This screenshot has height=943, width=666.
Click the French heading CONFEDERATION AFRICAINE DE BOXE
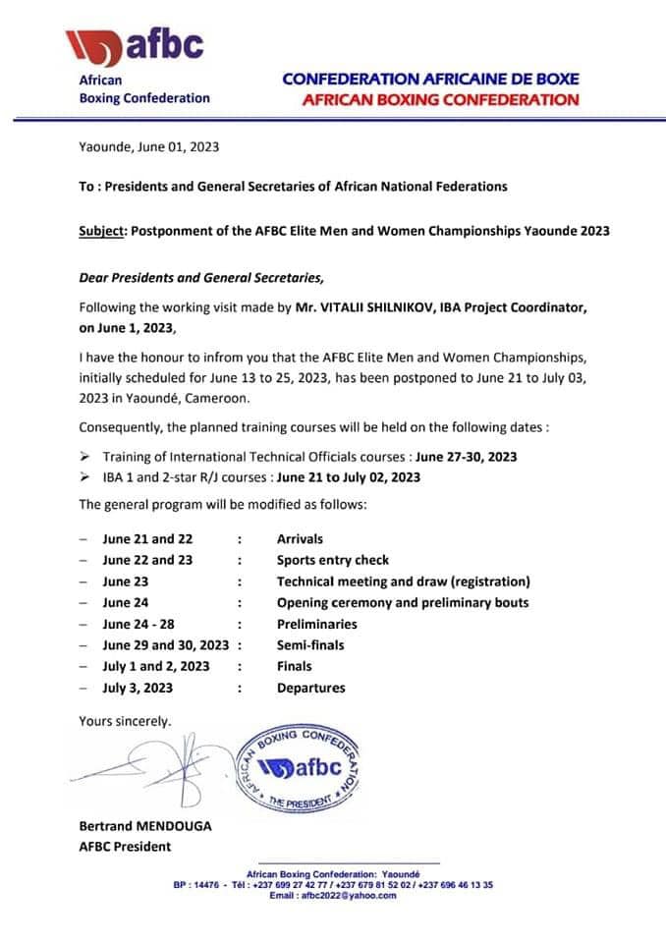(430, 79)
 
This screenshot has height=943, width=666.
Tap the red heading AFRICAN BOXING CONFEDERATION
(439, 99)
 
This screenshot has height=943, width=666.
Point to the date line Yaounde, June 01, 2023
(148, 147)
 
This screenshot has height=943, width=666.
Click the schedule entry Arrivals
(300, 538)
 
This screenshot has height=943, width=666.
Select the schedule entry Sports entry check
(332, 560)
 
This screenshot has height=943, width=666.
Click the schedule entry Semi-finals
(310, 645)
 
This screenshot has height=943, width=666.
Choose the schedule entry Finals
(295, 667)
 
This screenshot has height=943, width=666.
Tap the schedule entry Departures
(310, 689)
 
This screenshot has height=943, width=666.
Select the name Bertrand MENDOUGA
(144, 826)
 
